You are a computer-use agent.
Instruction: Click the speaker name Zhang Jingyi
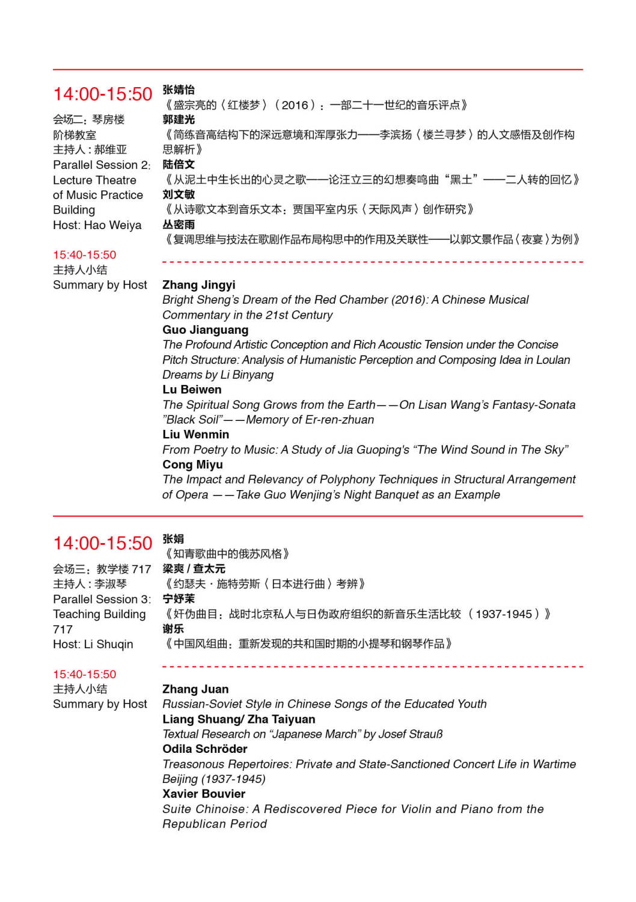click(x=198, y=285)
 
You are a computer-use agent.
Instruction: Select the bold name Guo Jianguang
click(x=205, y=330)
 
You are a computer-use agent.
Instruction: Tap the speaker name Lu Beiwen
click(x=192, y=390)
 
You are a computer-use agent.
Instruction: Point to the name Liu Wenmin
click(x=195, y=435)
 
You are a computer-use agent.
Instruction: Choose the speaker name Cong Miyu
click(x=192, y=465)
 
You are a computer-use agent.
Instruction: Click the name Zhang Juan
click(x=195, y=689)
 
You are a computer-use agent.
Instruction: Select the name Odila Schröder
click(x=204, y=749)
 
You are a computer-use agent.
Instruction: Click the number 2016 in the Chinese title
click(x=295, y=105)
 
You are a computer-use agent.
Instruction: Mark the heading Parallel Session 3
click(x=102, y=600)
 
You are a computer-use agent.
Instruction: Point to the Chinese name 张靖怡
click(x=179, y=90)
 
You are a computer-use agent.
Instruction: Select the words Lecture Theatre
click(x=94, y=180)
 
